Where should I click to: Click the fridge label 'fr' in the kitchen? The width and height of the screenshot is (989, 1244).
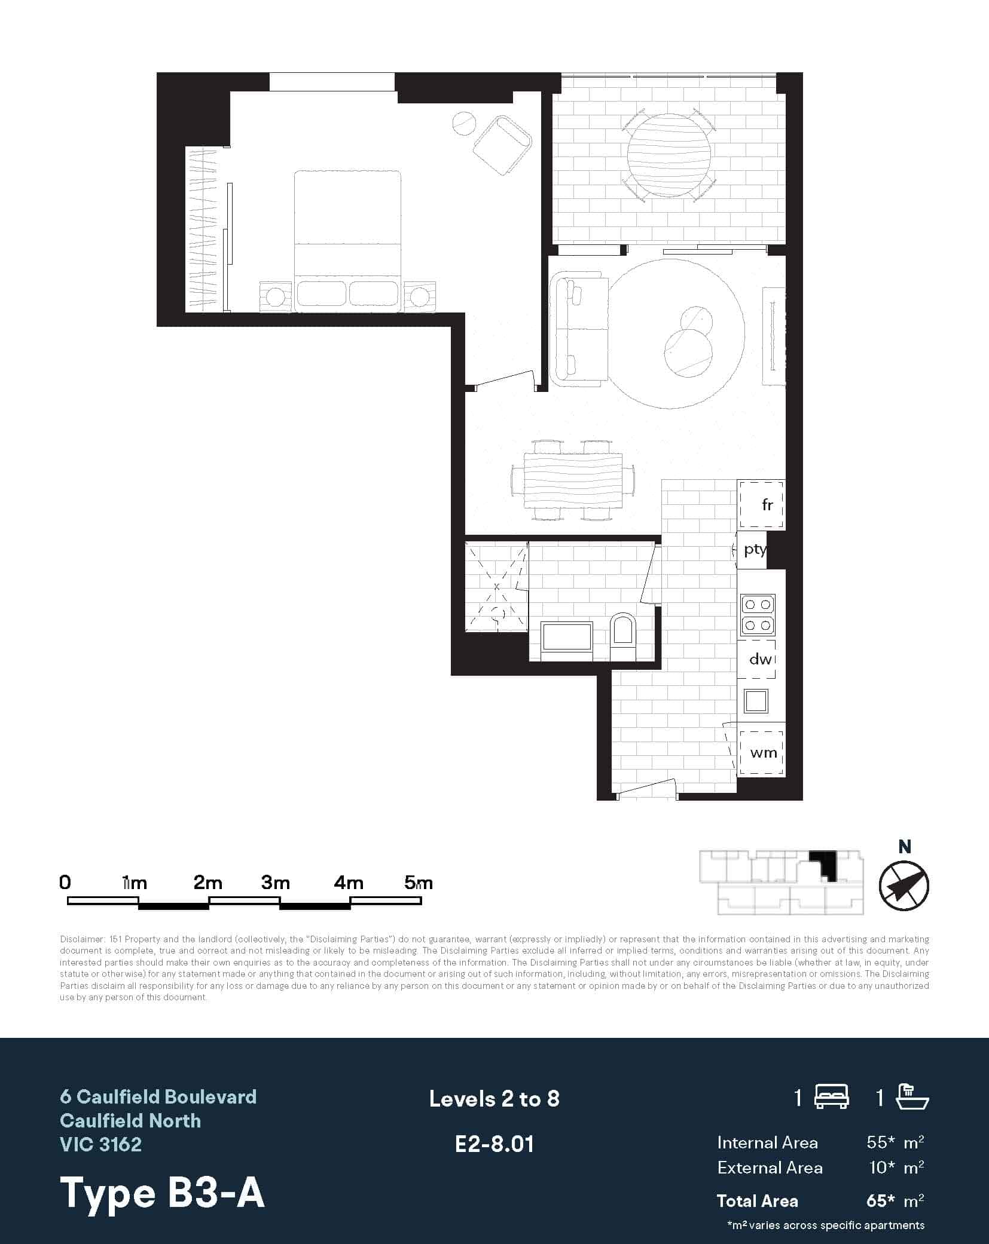pos(767,505)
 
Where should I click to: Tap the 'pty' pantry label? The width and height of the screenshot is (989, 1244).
pos(753,549)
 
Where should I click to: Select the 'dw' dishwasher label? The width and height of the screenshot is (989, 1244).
pos(759,658)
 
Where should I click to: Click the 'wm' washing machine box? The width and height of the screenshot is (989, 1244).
pos(762,753)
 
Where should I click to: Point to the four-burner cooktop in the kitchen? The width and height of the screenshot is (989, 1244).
pos(758,615)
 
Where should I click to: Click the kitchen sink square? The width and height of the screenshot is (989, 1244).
pos(756,701)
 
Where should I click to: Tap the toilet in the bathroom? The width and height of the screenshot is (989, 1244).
pos(623,636)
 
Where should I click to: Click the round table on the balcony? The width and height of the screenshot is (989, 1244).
pos(669,154)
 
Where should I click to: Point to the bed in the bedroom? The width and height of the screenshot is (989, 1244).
pos(347,239)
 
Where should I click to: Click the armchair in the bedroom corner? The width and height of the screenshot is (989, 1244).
pos(502,145)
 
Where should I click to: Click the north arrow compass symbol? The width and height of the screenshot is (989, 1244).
pos(903,886)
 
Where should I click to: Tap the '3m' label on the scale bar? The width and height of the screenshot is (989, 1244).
pos(275,883)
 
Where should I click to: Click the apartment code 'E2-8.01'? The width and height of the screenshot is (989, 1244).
pos(494,1144)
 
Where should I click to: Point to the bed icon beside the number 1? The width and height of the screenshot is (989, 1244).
pos(832,1097)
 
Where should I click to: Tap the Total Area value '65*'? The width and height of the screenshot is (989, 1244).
pos(880,1200)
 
